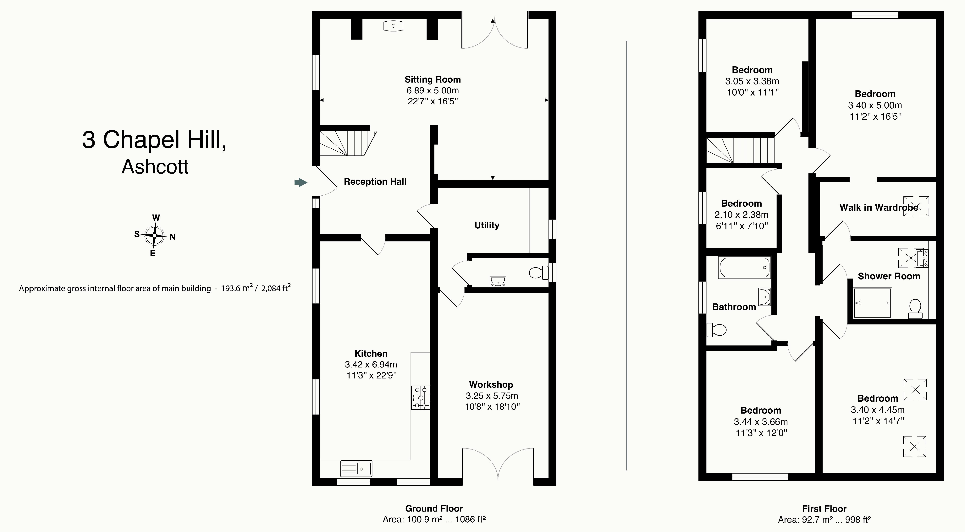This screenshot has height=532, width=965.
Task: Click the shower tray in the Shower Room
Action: pyautogui.click(x=873, y=303)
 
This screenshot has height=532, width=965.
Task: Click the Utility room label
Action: pyautogui.click(x=487, y=225)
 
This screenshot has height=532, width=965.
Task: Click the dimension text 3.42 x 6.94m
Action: pyautogui.click(x=371, y=364)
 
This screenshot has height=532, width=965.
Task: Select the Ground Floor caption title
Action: pyautogui.click(x=434, y=508)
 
